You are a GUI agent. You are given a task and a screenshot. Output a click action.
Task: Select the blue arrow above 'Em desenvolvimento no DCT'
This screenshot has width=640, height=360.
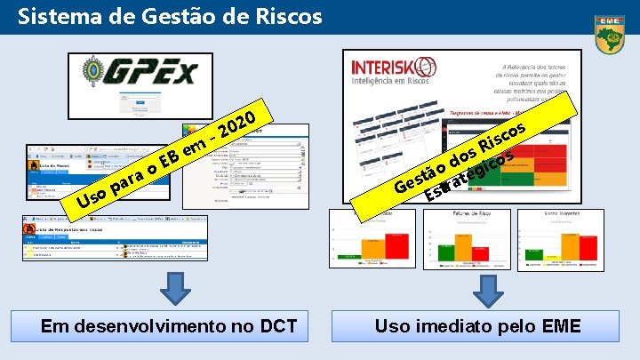pyautogui.click(x=178, y=290)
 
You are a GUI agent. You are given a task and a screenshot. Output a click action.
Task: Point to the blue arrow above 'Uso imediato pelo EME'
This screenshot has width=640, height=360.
pyautogui.click(x=486, y=290)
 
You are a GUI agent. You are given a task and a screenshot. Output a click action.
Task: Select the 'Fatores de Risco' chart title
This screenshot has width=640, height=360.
pyautogui.click(x=447, y=215)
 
